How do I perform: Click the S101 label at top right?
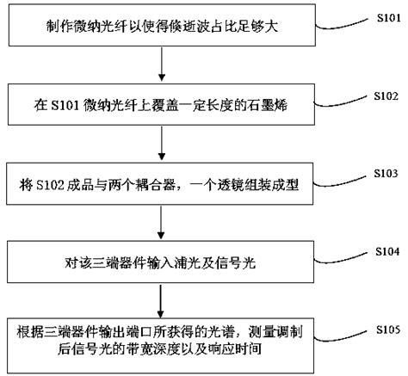pyautogui.click(x=388, y=18)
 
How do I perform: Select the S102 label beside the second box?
pyautogui.click(x=386, y=96)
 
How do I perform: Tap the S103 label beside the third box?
pyautogui.click(x=386, y=174)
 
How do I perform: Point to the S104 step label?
pyautogui.click(x=387, y=251)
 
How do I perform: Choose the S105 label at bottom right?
pyautogui.click(x=388, y=330)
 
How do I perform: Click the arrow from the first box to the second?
pyautogui.click(x=162, y=64)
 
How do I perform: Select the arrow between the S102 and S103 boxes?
pyautogui.click(x=162, y=143)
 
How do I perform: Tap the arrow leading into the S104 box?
pyautogui.click(x=161, y=222)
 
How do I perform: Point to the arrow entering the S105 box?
pyautogui.click(x=161, y=301)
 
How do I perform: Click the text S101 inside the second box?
pyautogui.click(x=65, y=106)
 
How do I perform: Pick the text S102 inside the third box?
pyautogui.click(x=50, y=185)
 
